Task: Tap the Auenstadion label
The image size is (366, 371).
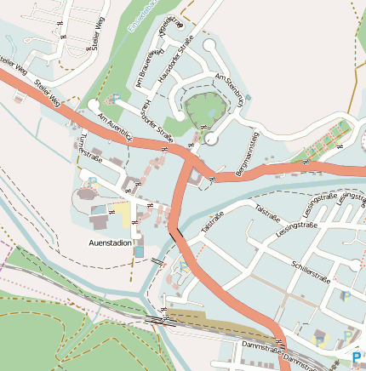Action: (111, 243)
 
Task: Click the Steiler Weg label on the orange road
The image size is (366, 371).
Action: (49, 93)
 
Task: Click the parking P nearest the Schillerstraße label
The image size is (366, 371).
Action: (346, 295)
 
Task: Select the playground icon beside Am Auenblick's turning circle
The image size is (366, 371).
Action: (112, 99)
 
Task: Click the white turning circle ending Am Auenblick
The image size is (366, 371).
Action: (93, 105)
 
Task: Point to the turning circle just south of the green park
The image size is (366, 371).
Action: (210, 139)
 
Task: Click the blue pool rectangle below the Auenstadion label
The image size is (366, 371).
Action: (138, 253)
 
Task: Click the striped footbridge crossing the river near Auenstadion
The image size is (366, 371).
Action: (158, 261)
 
